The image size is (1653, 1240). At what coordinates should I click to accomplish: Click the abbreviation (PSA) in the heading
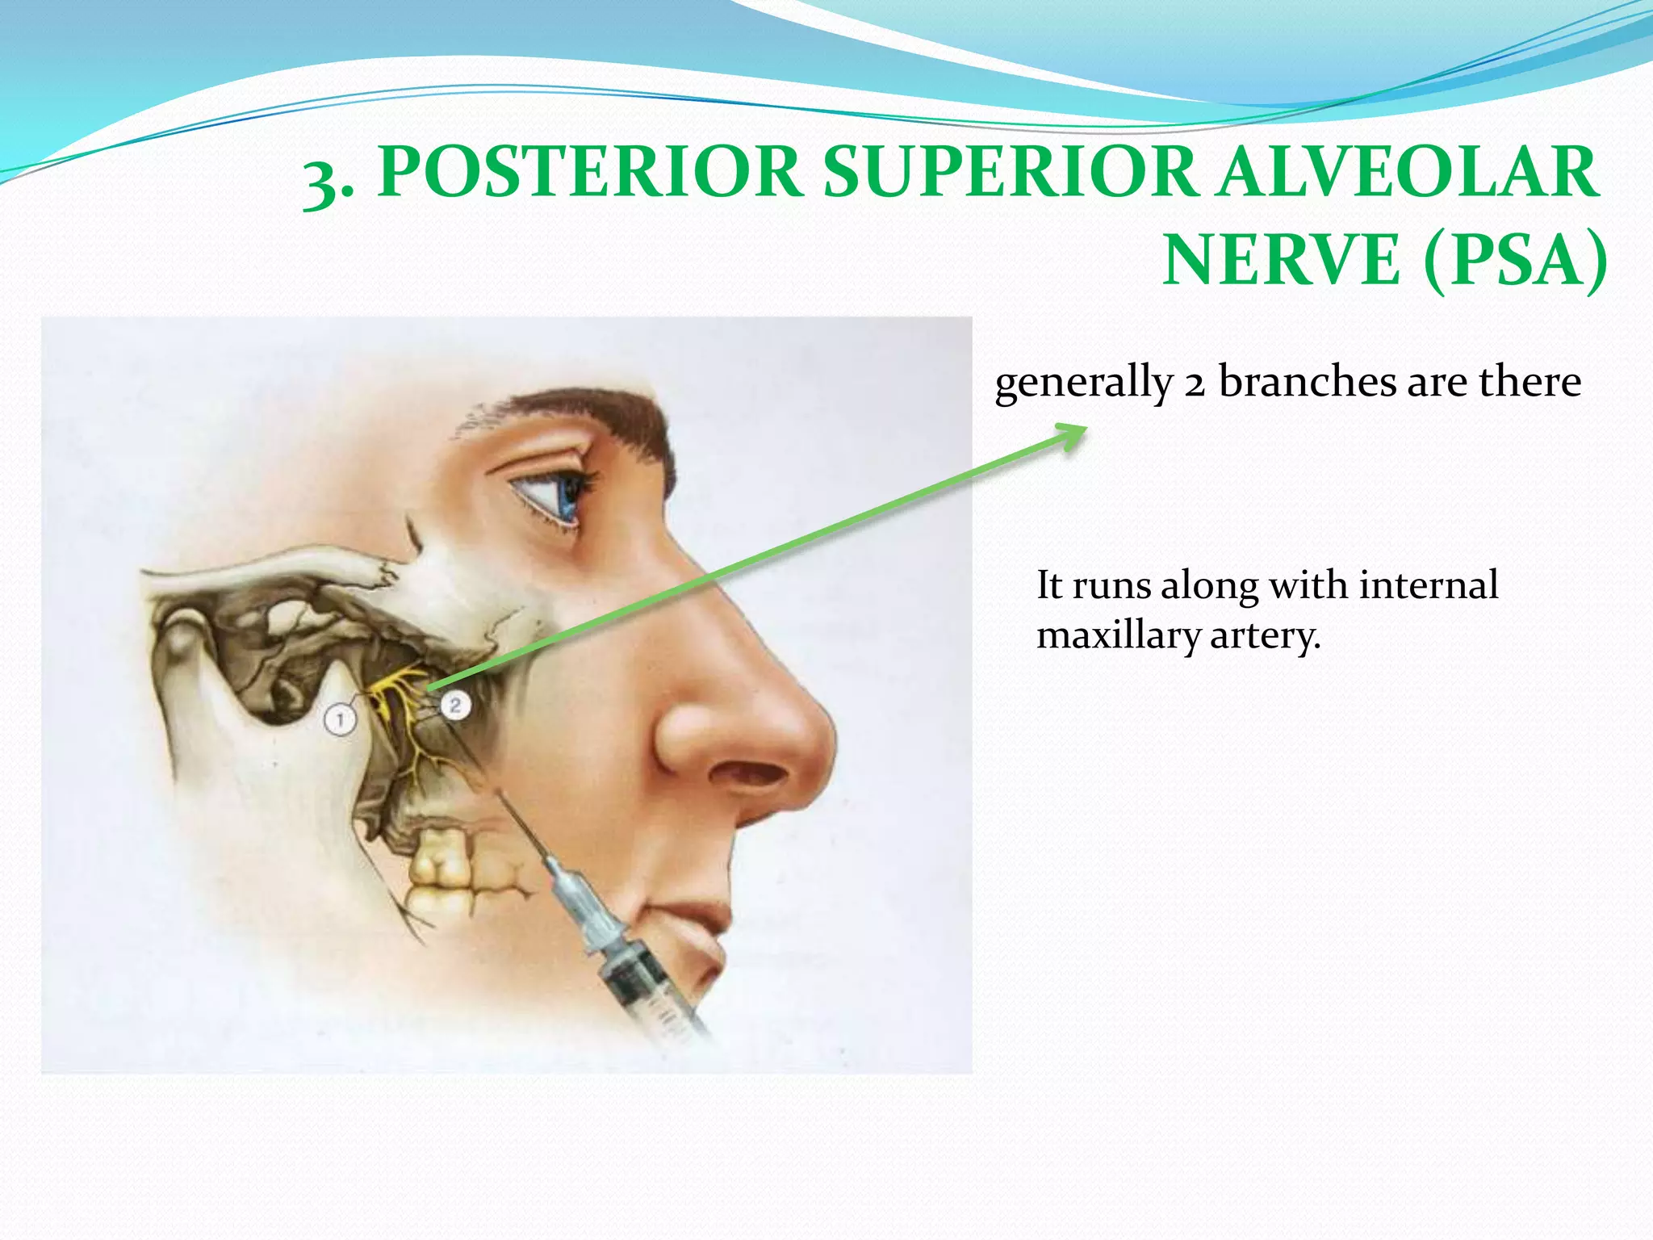[x=1516, y=260]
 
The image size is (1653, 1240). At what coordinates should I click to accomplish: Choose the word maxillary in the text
[x=1117, y=635]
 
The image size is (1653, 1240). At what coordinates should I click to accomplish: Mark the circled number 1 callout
[x=340, y=719]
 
